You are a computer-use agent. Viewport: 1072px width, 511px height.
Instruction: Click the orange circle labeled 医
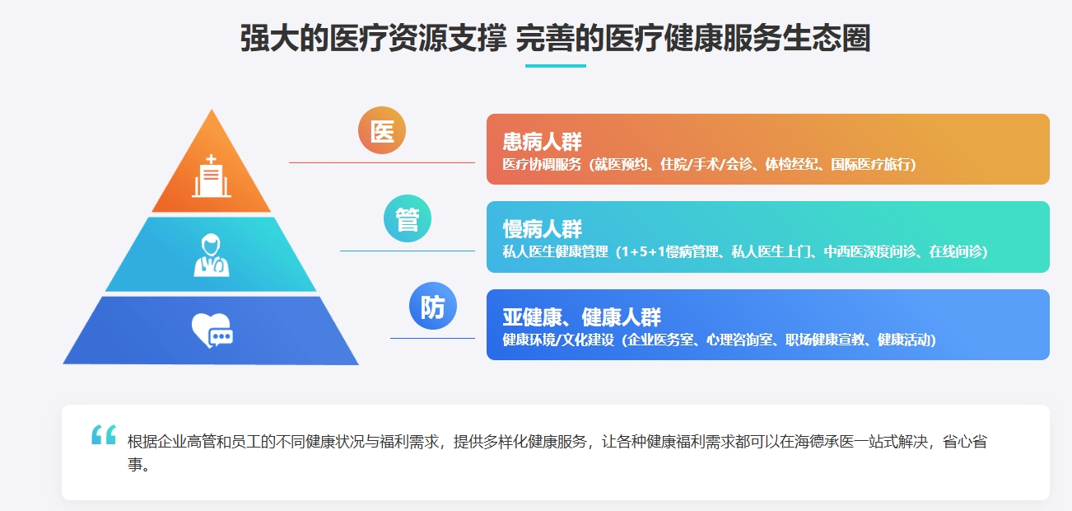[x=382, y=130]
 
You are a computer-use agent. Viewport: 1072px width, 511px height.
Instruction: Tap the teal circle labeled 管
[x=408, y=218]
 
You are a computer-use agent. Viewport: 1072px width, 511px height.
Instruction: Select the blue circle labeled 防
[x=433, y=306]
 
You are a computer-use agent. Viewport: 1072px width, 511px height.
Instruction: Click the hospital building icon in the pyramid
[x=212, y=176]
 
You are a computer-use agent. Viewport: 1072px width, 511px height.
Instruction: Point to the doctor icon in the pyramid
[x=212, y=255]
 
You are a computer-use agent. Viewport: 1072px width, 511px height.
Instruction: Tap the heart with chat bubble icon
[x=212, y=331]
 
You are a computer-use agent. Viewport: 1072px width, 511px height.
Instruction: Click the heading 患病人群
[x=543, y=142]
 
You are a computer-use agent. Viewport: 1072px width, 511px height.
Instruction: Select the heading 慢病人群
[x=543, y=229]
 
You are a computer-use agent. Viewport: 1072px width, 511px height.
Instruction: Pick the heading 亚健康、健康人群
[x=581, y=317]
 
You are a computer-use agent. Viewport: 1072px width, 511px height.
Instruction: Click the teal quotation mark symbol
[x=104, y=434]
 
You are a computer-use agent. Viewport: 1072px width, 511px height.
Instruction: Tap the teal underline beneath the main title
[x=556, y=66]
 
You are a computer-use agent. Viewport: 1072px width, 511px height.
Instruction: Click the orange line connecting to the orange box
[x=382, y=163]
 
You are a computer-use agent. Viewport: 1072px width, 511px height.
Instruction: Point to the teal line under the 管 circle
[x=408, y=251]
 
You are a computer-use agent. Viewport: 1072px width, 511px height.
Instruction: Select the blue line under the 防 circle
[x=432, y=338]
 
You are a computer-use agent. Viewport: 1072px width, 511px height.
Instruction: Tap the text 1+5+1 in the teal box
[x=640, y=252]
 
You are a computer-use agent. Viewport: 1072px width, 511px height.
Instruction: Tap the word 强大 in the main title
[x=270, y=38]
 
